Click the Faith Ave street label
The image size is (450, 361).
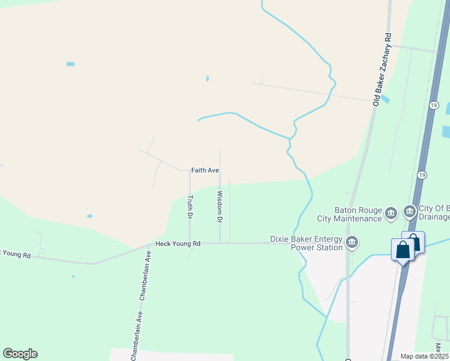click(x=205, y=170)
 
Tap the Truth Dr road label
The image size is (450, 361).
click(x=190, y=206)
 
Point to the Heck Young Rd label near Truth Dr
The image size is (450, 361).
click(x=177, y=244)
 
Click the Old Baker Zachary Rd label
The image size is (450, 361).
click(x=383, y=71)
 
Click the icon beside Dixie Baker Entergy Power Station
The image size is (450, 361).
click(x=353, y=242)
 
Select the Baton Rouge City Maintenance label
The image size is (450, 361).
click(x=350, y=214)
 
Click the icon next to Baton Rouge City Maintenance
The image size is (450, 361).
click(x=391, y=212)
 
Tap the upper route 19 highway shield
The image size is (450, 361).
click(x=433, y=105)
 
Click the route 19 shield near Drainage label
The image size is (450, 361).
click(x=422, y=174)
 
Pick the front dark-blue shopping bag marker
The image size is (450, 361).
click(x=402, y=249)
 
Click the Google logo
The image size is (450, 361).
click(x=20, y=354)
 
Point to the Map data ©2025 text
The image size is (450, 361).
click(x=424, y=356)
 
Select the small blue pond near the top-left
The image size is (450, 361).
click(x=70, y=64)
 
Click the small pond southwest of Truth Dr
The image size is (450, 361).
click(x=90, y=216)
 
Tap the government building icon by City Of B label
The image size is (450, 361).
click(x=410, y=212)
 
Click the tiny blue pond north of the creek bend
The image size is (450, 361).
click(x=208, y=78)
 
